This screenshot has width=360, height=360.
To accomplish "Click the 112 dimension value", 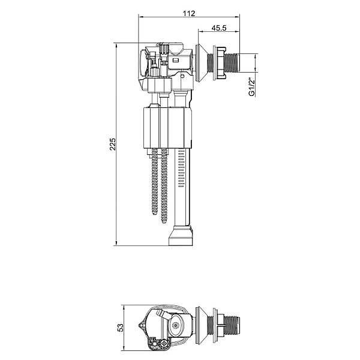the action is coord(189,13).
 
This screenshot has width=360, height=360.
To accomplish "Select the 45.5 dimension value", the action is coord(219,28).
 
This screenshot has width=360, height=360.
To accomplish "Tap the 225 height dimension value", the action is coord(113,144).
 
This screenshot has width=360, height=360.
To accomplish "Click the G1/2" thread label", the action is coord(252,88).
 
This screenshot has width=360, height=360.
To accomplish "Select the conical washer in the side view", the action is coord(200,63).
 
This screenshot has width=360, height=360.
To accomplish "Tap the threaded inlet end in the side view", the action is coord(232,62).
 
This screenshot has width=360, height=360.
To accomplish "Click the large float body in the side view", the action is coord(167,128).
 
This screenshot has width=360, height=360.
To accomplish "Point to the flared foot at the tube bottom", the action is coord(181,236).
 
